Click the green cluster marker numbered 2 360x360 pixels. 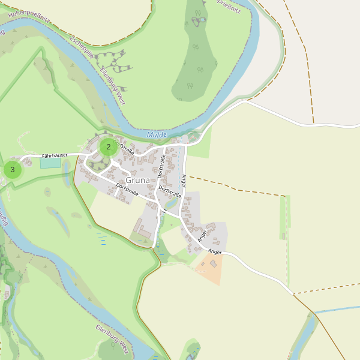coord(109,146)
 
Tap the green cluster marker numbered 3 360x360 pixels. coord(13,170)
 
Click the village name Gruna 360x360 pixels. coord(137,181)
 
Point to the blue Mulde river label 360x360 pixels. coord(157,135)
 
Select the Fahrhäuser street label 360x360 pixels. coord(55,155)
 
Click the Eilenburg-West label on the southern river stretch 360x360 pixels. coord(112,338)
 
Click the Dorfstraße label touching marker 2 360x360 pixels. coord(124,147)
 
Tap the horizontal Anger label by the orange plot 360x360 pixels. coord(215,252)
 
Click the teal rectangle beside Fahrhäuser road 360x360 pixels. coord(50,163)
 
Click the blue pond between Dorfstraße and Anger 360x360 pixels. coord(170,203)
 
